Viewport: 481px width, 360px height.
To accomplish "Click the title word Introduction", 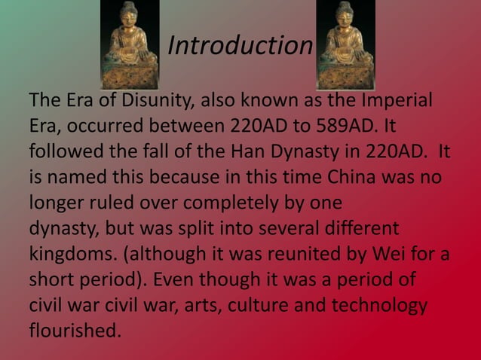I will coord(240,45).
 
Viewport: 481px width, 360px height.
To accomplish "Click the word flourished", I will coord(74,331).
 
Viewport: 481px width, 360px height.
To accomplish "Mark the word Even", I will coord(176,279).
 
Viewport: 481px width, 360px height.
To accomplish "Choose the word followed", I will coord(68,151).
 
